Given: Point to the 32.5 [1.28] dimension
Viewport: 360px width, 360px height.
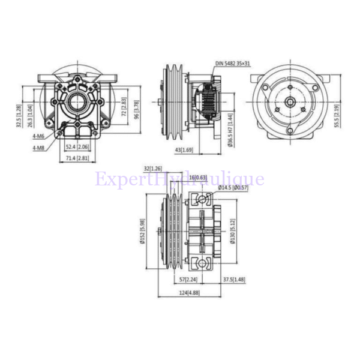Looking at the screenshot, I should coord(19,116).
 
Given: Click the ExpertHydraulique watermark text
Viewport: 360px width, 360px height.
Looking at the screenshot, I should coord(179,179).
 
